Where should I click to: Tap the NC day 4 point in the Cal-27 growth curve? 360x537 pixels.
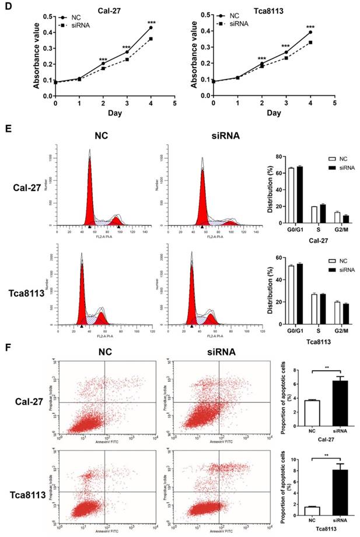point(151,27)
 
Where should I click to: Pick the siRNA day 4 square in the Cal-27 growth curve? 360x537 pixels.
point(151,39)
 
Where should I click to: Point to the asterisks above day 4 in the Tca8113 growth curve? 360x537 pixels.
point(310,27)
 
